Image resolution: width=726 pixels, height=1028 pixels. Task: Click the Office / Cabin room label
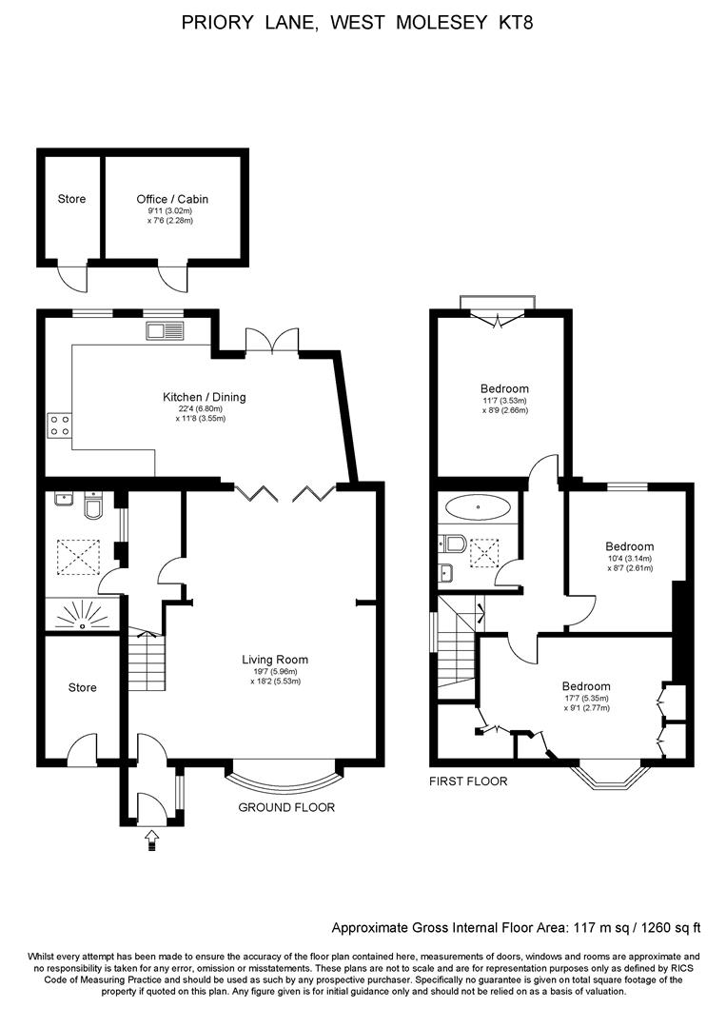tap(172, 199)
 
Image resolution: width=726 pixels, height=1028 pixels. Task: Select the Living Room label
tap(274, 659)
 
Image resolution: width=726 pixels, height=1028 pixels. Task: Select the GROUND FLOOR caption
tap(285, 807)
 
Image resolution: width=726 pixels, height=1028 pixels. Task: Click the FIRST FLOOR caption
tap(469, 781)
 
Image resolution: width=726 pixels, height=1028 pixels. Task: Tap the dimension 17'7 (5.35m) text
tap(585, 698)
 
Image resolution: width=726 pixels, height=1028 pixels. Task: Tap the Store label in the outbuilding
tap(71, 199)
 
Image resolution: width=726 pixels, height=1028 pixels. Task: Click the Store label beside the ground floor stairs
tap(82, 687)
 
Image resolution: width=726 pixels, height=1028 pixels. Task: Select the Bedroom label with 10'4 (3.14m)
tap(629, 546)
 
